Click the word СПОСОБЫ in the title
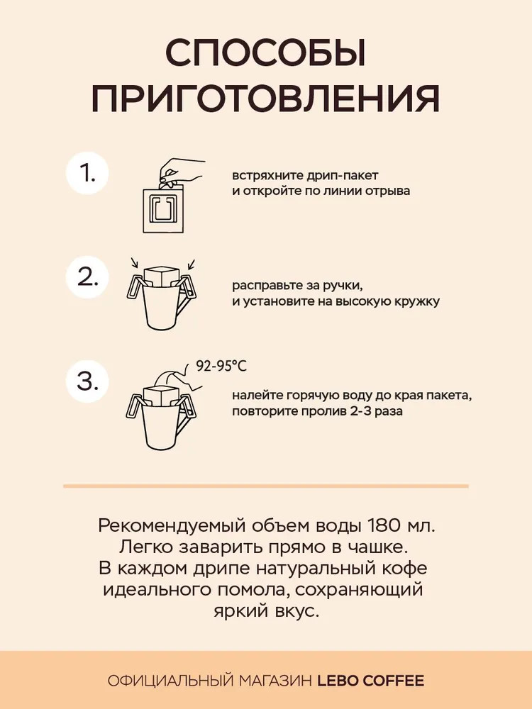tap(265, 53)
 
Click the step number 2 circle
tap(87, 277)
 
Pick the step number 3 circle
tap(87, 381)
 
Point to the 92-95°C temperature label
tap(221, 365)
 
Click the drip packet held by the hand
tap(164, 208)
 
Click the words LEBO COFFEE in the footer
tap(370, 681)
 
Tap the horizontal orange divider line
tap(266, 486)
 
